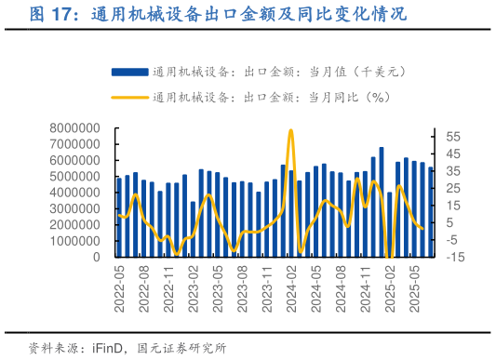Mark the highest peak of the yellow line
(x=291, y=130)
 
